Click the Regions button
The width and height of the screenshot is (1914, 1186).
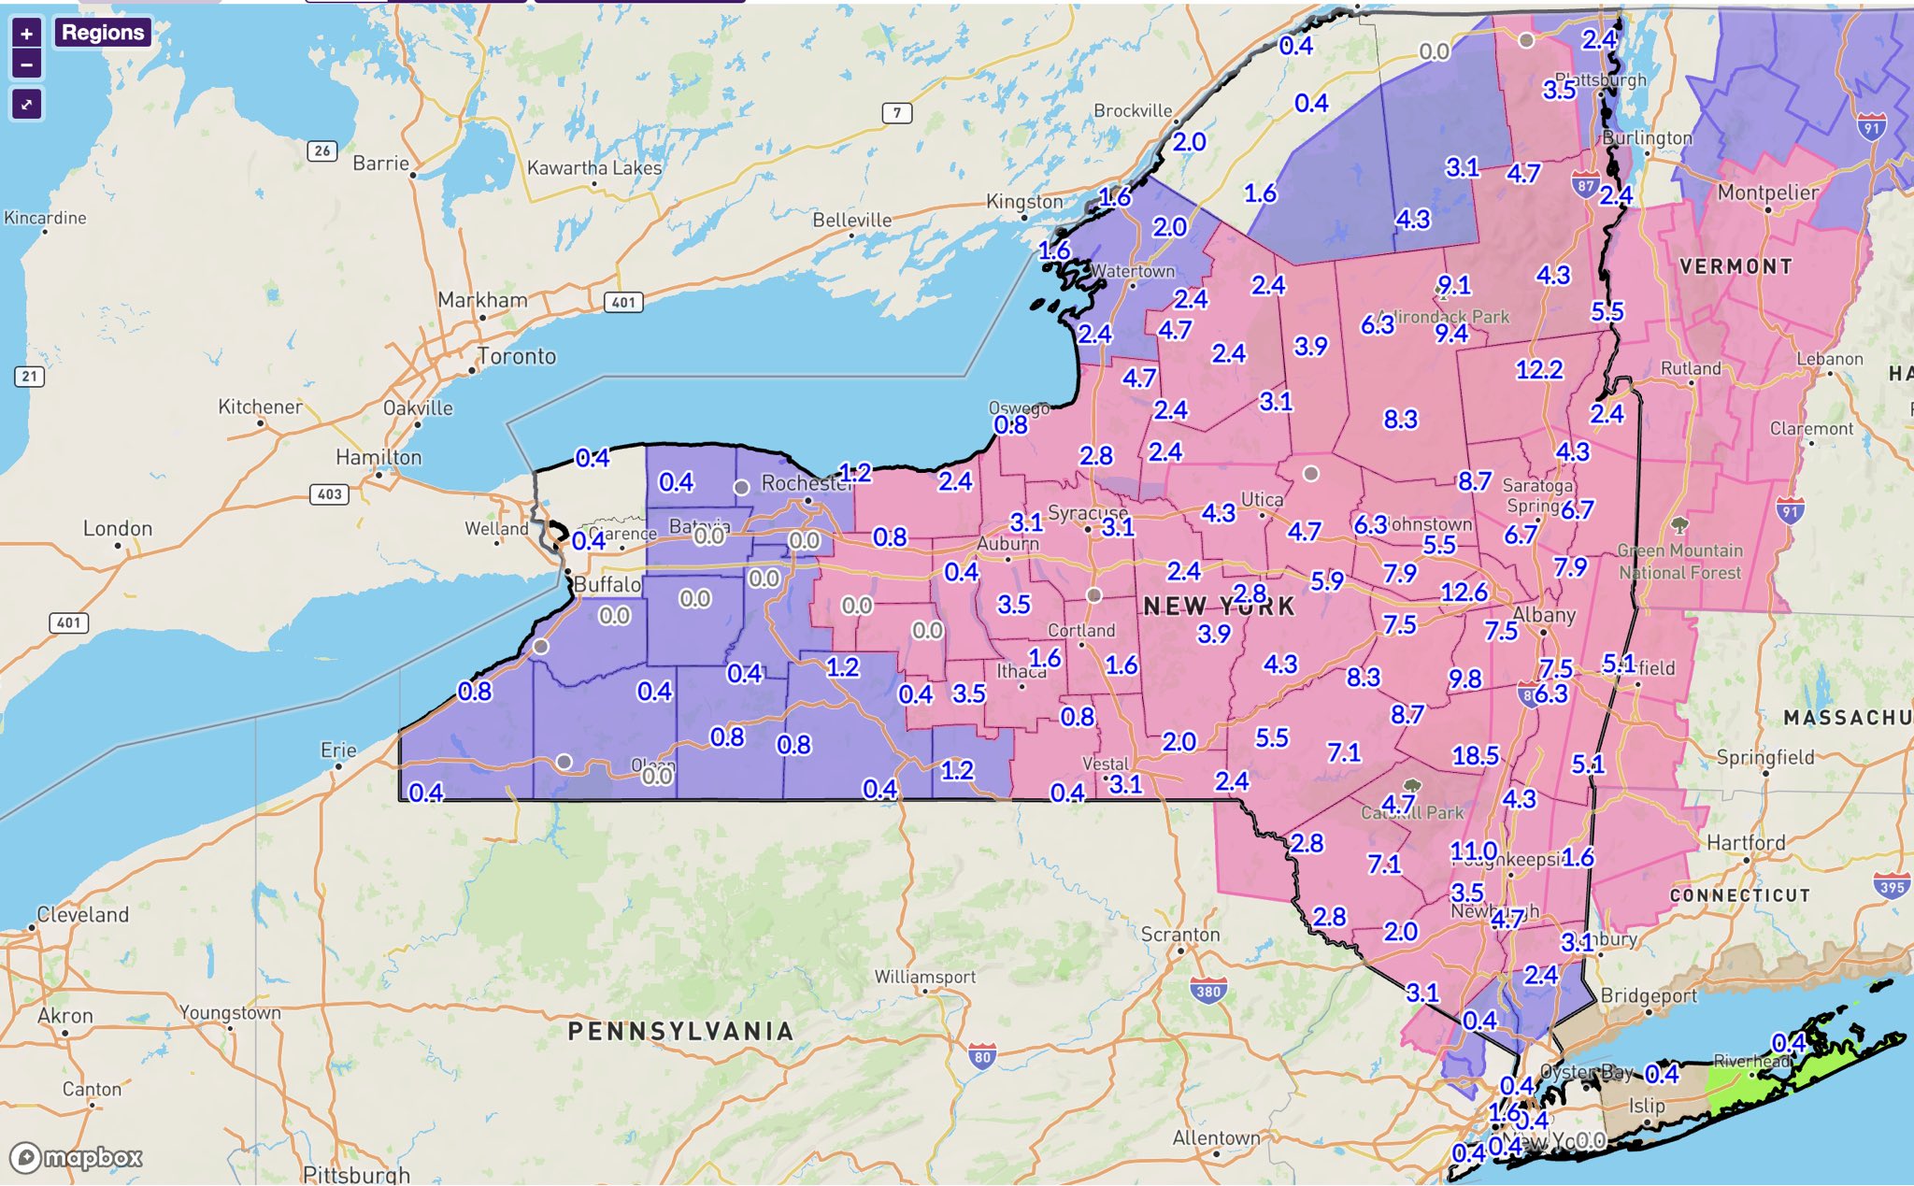pos(103,33)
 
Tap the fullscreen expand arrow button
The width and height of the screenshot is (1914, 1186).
pos(26,104)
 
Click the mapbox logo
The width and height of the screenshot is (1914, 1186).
pos(77,1158)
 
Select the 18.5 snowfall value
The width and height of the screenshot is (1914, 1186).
pos(1475,755)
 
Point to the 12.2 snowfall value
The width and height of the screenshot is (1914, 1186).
pos(1538,369)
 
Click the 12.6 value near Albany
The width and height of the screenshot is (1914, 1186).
pos(1464,592)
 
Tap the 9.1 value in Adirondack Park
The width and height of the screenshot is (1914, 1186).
pos(1454,284)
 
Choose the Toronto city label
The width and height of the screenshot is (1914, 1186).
pos(517,356)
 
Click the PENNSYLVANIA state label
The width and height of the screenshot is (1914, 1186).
pos(680,1031)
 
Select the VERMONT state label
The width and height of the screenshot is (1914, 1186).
pos(1735,266)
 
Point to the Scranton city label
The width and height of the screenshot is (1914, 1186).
pos(1180,934)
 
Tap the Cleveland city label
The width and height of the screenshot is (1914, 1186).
pos(82,914)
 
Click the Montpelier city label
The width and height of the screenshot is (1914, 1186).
pos(1767,193)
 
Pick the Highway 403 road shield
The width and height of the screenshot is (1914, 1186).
pos(329,493)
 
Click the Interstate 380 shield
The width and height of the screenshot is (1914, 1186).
pos(1208,992)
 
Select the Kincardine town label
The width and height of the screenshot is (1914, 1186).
pos(45,218)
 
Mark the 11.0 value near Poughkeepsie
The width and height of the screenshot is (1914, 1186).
pos(1473,850)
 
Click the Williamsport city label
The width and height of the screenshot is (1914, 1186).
pos(924,977)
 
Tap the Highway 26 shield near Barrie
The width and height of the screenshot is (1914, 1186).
pos(322,150)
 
